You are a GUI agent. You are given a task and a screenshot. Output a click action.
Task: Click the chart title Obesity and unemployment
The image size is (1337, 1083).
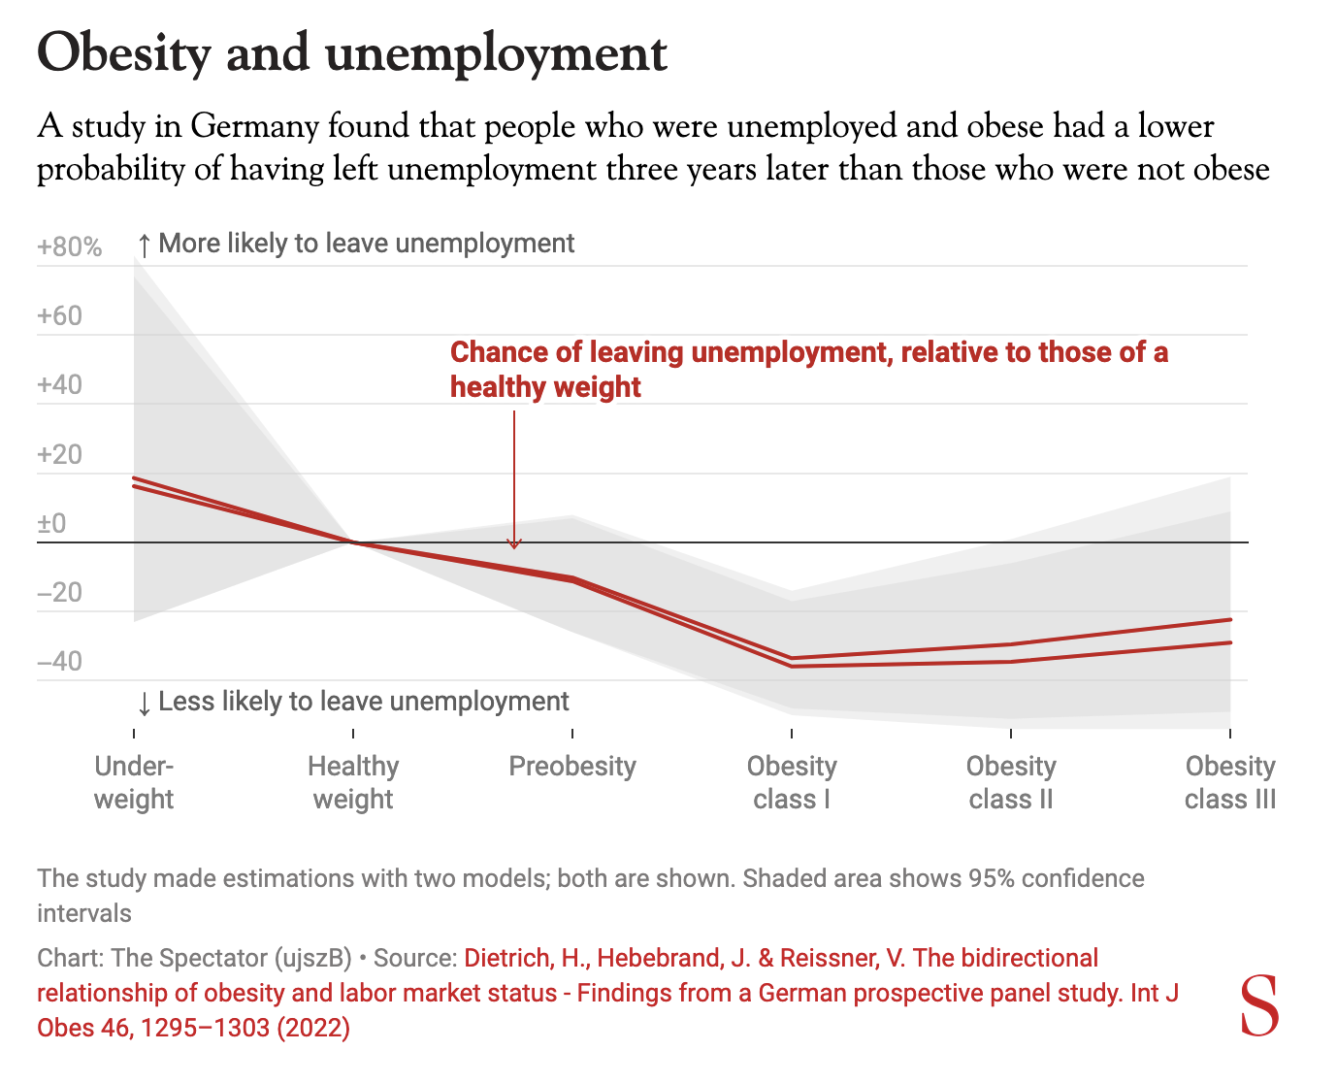tap(351, 52)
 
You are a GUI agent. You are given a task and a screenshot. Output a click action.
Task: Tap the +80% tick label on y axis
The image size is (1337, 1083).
tap(69, 247)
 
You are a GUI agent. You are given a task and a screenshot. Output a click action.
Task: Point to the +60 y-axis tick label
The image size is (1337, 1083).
tap(59, 316)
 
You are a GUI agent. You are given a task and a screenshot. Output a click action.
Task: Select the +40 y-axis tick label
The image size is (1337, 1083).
tap(59, 385)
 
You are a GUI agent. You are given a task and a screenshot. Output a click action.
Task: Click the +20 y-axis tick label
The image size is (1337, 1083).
tap(59, 455)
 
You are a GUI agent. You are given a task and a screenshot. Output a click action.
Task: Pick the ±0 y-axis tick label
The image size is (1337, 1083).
tap(51, 524)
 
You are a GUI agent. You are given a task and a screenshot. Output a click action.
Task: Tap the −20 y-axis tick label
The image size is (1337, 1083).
tap(59, 593)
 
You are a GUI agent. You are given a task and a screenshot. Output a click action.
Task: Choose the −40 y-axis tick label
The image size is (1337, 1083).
tap(59, 663)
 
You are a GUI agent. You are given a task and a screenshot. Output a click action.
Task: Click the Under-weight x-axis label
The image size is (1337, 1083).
tap(134, 782)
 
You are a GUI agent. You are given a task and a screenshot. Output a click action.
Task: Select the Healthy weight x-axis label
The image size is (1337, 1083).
tap(353, 782)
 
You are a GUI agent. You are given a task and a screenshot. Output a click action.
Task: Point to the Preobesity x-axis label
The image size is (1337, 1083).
tap(572, 767)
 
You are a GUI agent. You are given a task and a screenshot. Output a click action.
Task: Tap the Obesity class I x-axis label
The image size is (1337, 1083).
tap(792, 782)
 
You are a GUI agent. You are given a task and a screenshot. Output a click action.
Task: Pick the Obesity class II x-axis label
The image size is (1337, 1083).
tap(1011, 782)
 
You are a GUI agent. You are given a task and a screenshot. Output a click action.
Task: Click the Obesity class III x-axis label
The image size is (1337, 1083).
tap(1230, 782)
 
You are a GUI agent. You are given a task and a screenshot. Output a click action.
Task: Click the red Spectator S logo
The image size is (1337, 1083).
tap(1260, 1006)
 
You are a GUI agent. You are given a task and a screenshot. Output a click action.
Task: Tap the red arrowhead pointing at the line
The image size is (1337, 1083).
tap(514, 543)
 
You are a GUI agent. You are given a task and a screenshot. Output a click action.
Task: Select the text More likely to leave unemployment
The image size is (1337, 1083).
tap(366, 244)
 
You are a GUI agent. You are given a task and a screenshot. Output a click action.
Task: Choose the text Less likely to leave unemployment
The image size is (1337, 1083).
tap(363, 702)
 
